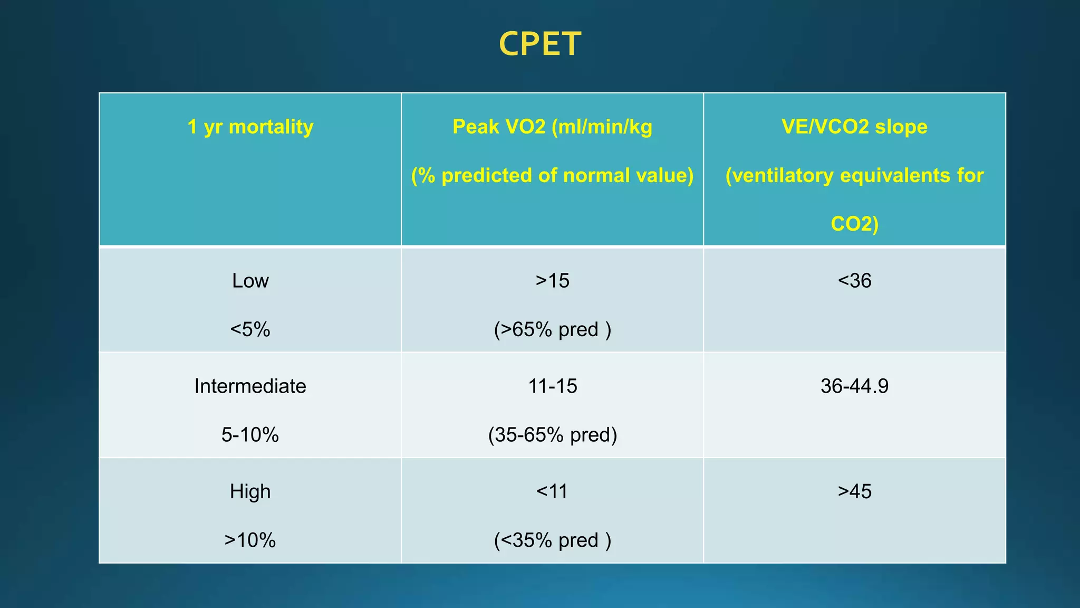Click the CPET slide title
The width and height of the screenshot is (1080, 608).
pos(539,44)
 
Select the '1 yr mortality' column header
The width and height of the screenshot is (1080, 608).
pos(250,127)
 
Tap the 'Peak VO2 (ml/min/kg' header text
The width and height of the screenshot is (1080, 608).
pos(552,127)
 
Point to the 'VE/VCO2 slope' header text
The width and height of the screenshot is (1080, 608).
pos(854,127)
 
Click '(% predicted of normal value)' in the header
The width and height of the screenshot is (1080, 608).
pos(552,175)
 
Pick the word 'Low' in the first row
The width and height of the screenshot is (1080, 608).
pos(250,281)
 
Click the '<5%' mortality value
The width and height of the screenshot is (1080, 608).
pos(250,329)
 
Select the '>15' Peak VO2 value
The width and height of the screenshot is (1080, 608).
pos(552,281)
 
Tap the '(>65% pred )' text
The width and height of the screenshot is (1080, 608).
pos(552,329)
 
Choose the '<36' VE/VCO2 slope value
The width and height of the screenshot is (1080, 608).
pos(854,281)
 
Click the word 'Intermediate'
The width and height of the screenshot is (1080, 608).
pos(250,386)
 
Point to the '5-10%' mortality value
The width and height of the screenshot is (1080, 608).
pos(250,435)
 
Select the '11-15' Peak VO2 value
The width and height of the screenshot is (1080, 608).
pos(552,386)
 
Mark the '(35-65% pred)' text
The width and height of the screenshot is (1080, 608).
pos(552,435)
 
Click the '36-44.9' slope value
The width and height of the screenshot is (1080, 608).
pos(854,386)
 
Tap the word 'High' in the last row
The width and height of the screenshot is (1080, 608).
pos(250,492)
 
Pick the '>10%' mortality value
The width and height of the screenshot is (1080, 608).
pos(250,540)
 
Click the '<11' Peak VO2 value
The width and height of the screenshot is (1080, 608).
pos(552,492)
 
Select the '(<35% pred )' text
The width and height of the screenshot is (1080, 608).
pos(552,540)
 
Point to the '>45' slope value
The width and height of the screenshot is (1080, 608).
pos(854,492)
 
